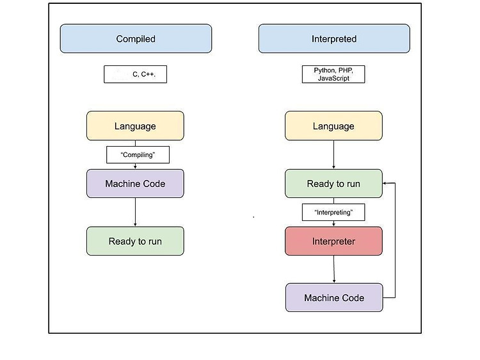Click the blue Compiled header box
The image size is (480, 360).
[x=136, y=38]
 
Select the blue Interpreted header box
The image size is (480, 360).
[x=334, y=38]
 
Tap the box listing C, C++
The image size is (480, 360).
[x=135, y=74]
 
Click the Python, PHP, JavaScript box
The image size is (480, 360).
[x=333, y=74]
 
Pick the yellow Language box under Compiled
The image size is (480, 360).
[x=135, y=126]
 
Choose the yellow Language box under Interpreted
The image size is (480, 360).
[x=333, y=126]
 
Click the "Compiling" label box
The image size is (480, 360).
[x=138, y=155]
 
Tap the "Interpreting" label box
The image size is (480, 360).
[x=333, y=212]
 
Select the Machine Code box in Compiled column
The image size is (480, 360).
[x=135, y=184]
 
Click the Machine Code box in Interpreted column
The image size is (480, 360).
[x=334, y=297]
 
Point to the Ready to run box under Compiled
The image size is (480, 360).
[x=135, y=241]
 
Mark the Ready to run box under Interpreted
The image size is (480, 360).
[x=333, y=184]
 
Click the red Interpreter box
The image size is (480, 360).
[x=333, y=241]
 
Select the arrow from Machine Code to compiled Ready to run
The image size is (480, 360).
[x=135, y=212]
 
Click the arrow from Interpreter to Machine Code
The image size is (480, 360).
[x=334, y=269]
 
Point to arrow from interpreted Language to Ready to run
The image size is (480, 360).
[x=333, y=155]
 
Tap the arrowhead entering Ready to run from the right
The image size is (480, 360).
[x=385, y=183]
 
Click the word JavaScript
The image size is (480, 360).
[x=333, y=78]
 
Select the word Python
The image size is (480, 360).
[x=324, y=70]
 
